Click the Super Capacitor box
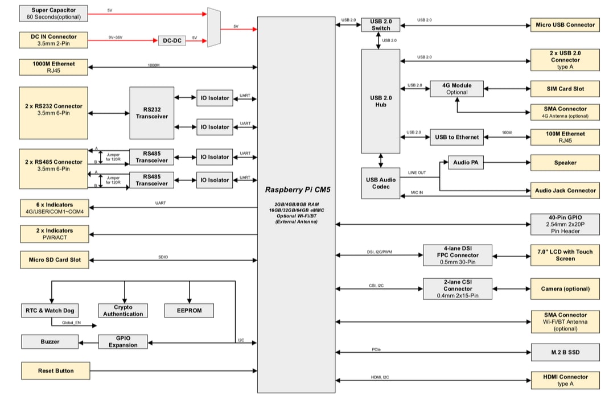[54, 13]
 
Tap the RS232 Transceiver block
[152, 113]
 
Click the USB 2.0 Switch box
[381, 25]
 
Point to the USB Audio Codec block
[380, 183]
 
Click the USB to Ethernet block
[457, 137]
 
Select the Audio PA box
[465, 163]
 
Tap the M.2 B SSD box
[565, 352]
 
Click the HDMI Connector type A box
[565, 380]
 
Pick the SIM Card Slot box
[565, 89]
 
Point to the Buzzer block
[50, 342]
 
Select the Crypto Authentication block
[123, 311]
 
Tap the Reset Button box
[55, 371]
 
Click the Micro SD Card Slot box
[55, 260]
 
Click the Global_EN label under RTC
[71, 323]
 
